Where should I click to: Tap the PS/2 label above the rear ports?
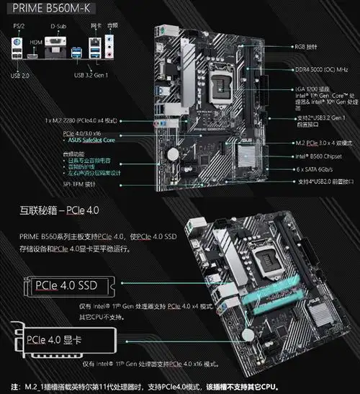click(18, 27)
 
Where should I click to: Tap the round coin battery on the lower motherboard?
click(248, 333)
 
